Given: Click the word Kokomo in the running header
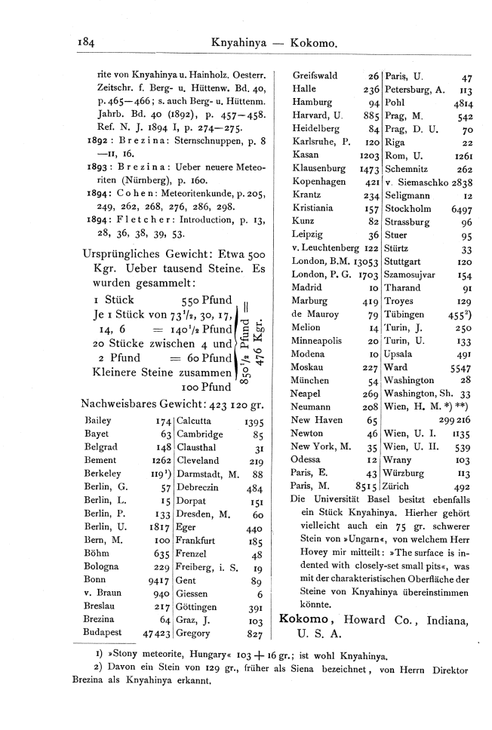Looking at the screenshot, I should (312, 44).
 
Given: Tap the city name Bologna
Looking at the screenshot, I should (103, 566).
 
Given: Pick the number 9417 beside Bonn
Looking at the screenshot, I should (157, 581).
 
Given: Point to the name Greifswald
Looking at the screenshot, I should (315, 75).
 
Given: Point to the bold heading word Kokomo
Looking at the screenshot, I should (303, 619).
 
